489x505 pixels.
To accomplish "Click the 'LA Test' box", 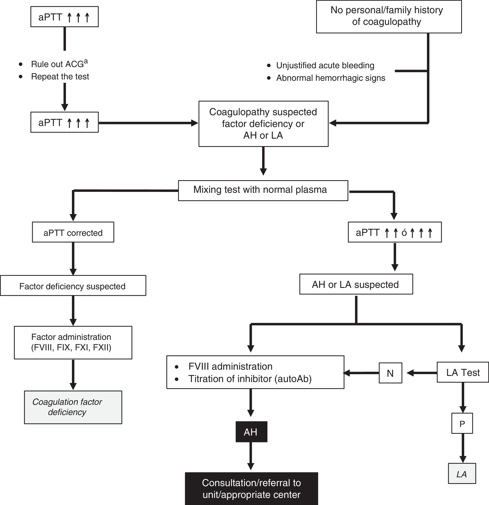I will point(463,372).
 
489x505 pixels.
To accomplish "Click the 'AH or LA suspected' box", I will point(356,284).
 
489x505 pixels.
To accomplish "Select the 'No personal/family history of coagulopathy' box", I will point(389,16).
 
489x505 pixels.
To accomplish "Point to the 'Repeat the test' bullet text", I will point(60,77).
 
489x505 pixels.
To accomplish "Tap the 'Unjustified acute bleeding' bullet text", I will point(325,65).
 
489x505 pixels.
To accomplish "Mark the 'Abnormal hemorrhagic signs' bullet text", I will point(331,78).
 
